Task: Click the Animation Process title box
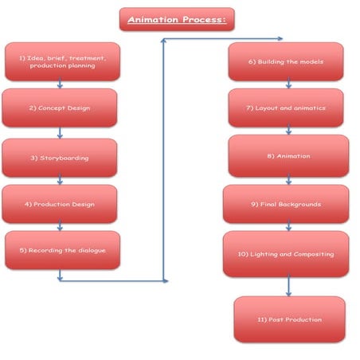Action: pos(177,19)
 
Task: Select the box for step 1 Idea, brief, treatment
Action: pos(62,61)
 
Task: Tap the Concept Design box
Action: pos(60,108)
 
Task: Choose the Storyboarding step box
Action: pos(60,158)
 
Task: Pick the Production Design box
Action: pos(60,204)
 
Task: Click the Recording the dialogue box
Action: pos(62,250)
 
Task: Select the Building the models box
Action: pos(286,61)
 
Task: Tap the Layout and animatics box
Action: pos(286,108)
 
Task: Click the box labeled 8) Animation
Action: pos(288,156)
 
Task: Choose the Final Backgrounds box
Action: pos(286,204)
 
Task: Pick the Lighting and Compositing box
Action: pos(286,254)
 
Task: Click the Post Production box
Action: pos(290,319)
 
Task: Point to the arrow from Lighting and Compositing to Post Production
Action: pos(289,285)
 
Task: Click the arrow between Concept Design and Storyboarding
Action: pos(60,133)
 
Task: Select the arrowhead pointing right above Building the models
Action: pos(280,39)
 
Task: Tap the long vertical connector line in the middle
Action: pos(163,160)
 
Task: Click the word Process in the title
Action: pos(204,19)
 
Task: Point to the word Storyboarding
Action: pos(65,158)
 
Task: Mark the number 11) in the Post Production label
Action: pos(262,319)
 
